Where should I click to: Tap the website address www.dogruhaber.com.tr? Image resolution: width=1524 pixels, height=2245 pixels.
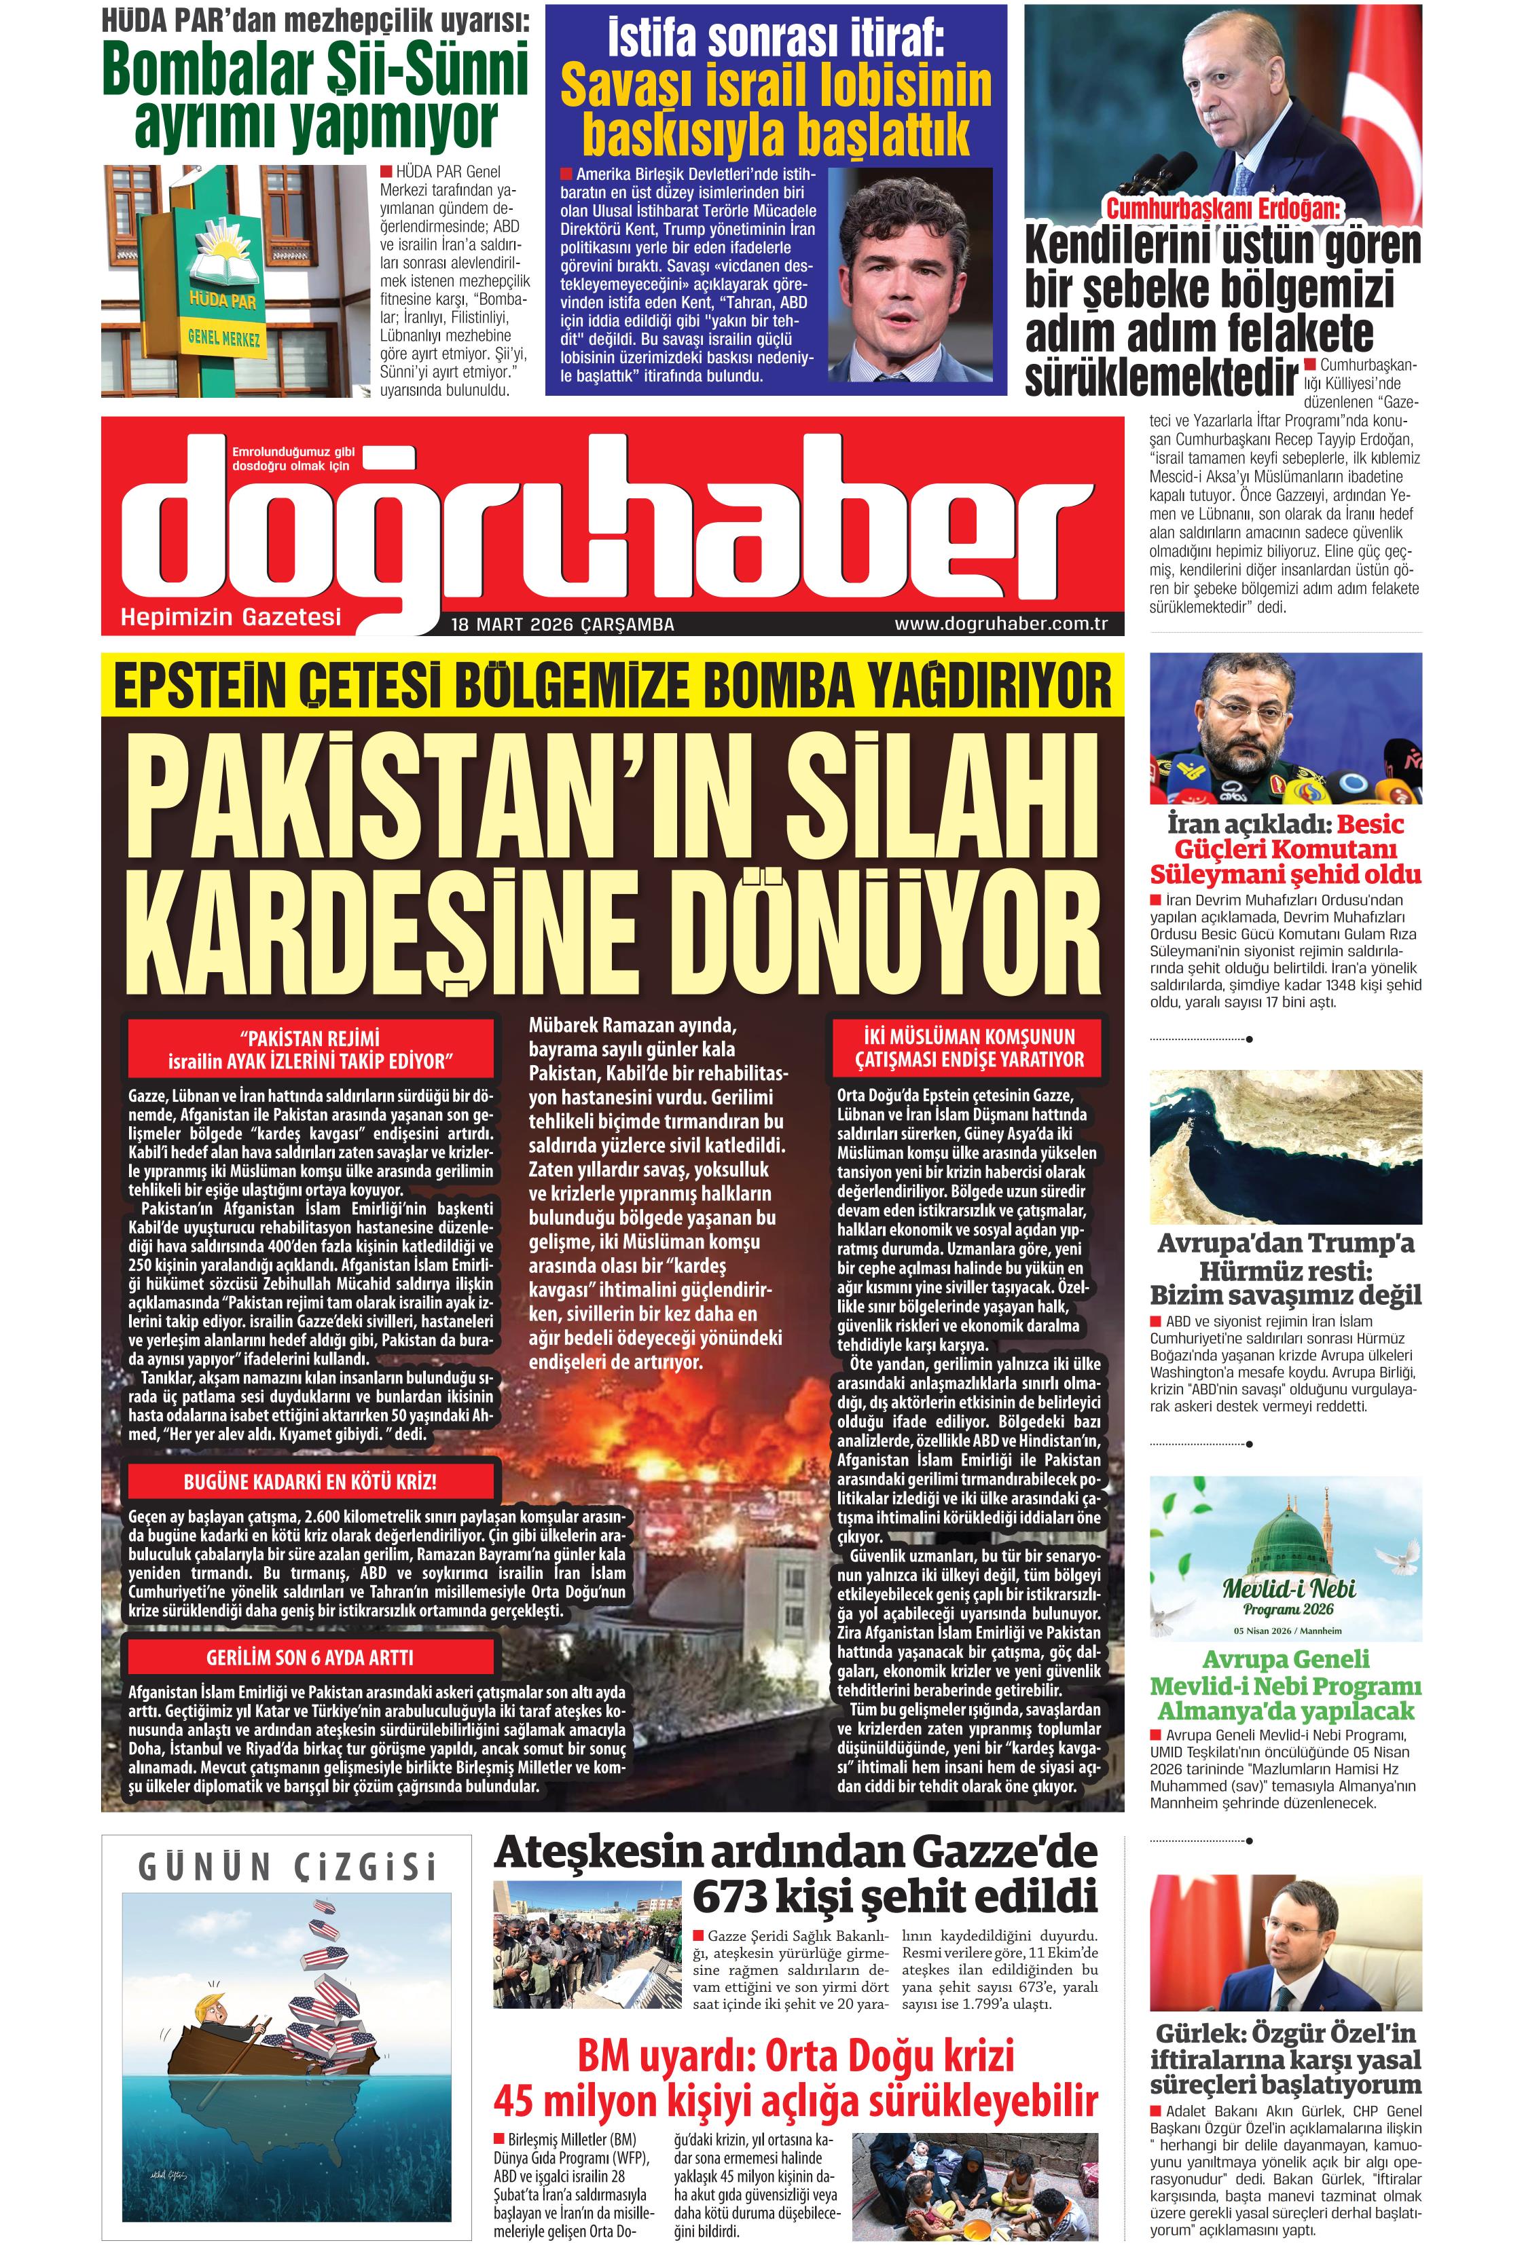click(1000, 623)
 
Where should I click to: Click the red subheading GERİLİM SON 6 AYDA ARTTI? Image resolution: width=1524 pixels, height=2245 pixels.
click(310, 1658)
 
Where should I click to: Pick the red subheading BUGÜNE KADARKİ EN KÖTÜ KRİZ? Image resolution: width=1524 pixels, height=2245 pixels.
click(310, 1482)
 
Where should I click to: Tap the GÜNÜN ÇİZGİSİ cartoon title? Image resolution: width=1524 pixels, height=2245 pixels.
click(287, 1868)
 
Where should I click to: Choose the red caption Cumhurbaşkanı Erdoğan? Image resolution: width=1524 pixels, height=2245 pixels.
click(1224, 208)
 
